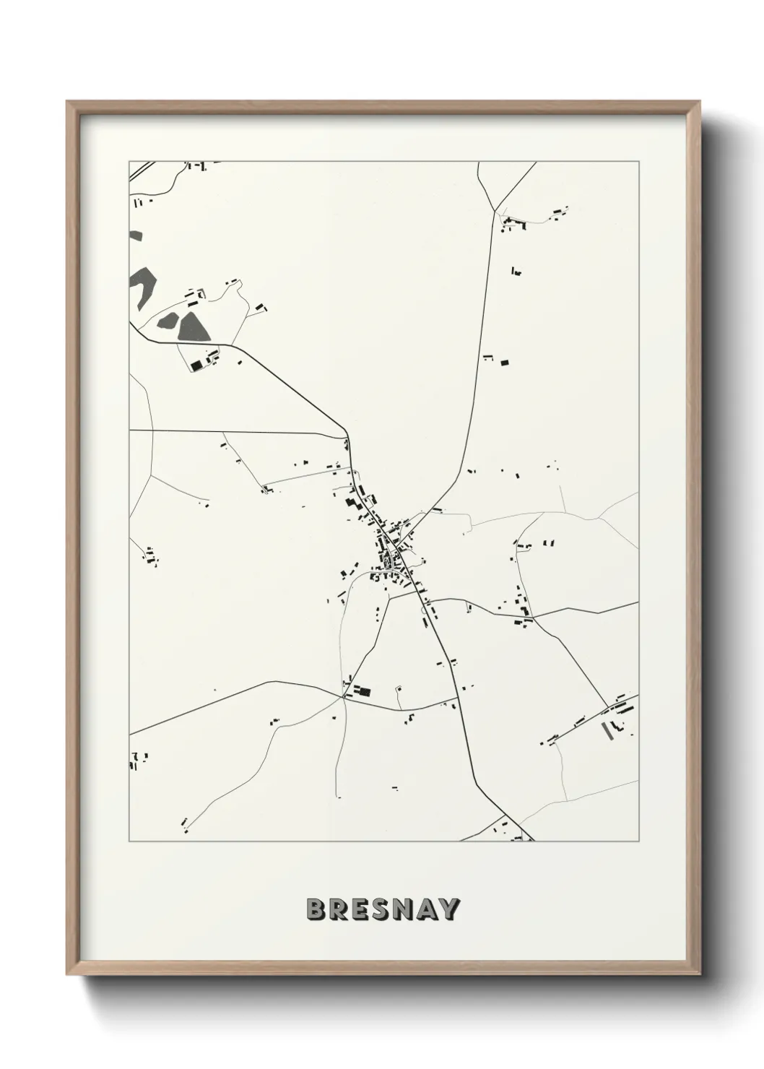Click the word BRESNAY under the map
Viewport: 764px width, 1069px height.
(x=383, y=909)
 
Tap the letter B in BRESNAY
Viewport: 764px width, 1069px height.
(x=316, y=909)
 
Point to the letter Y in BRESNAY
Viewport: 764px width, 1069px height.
(x=448, y=909)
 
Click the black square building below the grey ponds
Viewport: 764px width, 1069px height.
(x=195, y=365)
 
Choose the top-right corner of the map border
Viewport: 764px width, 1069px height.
(x=638, y=162)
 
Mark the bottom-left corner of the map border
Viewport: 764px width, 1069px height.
(x=129, y=841)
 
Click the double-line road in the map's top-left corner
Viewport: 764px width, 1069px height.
(x=142, y=170)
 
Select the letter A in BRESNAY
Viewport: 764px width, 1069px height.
(x=426, y=909)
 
